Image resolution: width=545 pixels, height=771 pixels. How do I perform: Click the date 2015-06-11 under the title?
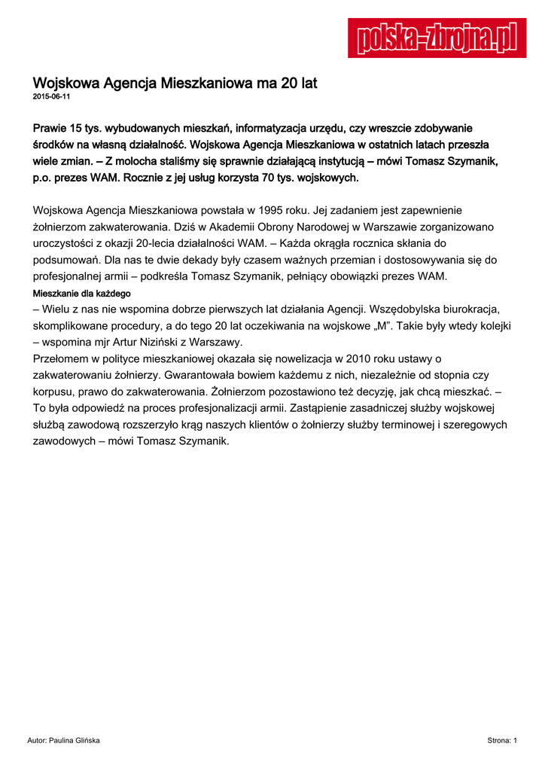pyautogui.click(x=52, y=98)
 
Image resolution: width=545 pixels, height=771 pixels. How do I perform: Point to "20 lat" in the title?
pyautogui.click(x=298, y=83)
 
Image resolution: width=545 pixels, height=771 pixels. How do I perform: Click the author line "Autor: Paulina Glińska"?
pyautogui.click(x=63, y=741)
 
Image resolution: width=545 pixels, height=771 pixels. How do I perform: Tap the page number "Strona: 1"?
pyautogui.click(x=502, y=741)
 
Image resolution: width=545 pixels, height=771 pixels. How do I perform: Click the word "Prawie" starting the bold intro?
pyautogui.click(x=52, y=129)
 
